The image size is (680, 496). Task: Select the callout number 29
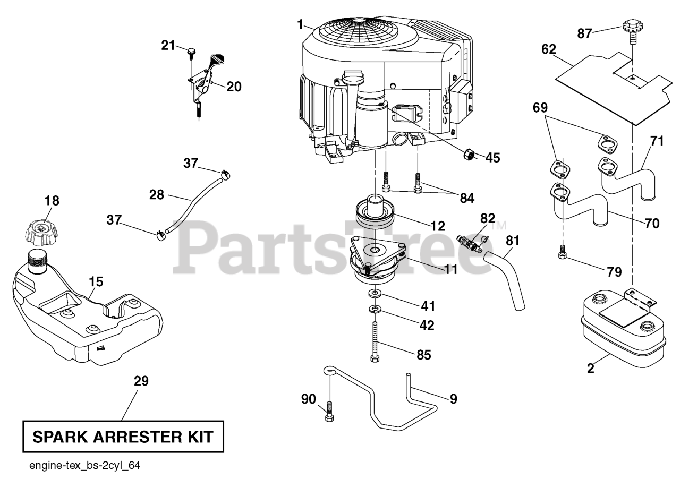(x=141, y=381)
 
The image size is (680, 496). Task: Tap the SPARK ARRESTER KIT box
(x=123, y=437)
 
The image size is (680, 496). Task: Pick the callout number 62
(x=549, y=49)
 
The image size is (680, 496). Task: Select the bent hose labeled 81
(x=508, y=280)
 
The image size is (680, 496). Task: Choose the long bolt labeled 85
(x=375, y=343)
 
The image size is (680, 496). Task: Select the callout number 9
(x=453, y=399)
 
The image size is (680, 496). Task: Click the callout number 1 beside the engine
(x=300, y=24)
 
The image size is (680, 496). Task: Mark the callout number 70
(x=652, y=224)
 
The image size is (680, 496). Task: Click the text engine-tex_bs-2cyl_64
(x=85, y=466)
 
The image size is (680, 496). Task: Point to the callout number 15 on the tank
(x=96, y=281)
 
